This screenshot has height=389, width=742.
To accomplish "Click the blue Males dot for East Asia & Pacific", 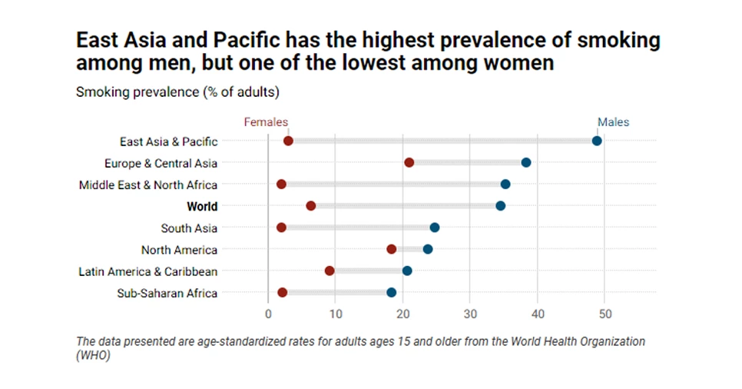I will pyautogui.click(x=597, y=141).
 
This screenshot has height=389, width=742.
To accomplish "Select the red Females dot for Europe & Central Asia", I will pyautogui.click(x=409, y=162).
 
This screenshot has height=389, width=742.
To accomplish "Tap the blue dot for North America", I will pyautogui.click(x=428, y=249).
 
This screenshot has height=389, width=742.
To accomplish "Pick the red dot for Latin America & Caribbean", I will pyautogui.click(x=330, y=271).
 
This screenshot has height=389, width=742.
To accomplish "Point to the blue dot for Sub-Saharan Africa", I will pyautogui.click(x=391, y=292).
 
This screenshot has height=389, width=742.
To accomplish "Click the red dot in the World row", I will pyautogui.click(x=310, y=206).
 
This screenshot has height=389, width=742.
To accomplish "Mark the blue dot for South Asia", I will pyautogui.click(x=435, y=228).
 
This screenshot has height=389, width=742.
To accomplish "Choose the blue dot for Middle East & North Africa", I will pyautogui.click(x=505, y=184).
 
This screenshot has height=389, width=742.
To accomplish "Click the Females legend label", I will pyautogui.click(x=266, y=122).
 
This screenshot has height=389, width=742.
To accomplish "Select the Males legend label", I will pyautogui.click(x=613, y=122).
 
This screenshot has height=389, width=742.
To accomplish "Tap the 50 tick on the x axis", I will pyautogui.click(x=605, y=314).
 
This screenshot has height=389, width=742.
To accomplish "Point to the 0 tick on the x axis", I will pyautogui.click(x=268, y=314).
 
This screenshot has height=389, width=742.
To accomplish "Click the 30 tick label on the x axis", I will pyautogui.click(x=470, y=314).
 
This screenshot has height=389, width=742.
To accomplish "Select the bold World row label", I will pyautogui.click(x=202, y=206).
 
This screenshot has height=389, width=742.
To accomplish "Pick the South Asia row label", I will pyautogui.click(x=189, y=228).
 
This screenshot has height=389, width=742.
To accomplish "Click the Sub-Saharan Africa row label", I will pyautogui.click(x=167, y=293).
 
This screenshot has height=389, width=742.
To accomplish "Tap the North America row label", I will pyautogui.click(x=179, y=250).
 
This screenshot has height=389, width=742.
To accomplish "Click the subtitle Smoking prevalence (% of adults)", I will pyautogui.click(x=177, y=93).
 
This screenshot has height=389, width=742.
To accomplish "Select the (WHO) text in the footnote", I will pyautogui.click(x=94, y=356).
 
